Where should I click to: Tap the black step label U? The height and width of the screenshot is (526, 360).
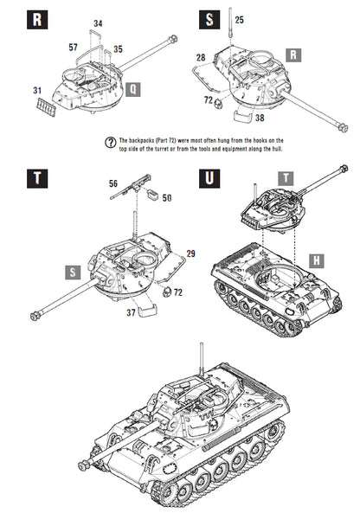point(209,179)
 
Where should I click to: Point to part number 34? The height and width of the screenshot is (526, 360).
point(98,22)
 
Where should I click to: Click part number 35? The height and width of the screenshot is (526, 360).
point(118,49)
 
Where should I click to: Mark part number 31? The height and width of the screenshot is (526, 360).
point(37,90)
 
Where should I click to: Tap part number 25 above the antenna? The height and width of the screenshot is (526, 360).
point(239,19)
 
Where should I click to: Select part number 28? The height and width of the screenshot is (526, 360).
point(200,57)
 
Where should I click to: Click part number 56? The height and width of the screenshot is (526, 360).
point(113,183)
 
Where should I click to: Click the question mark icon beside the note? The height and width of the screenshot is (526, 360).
point(110,138)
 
